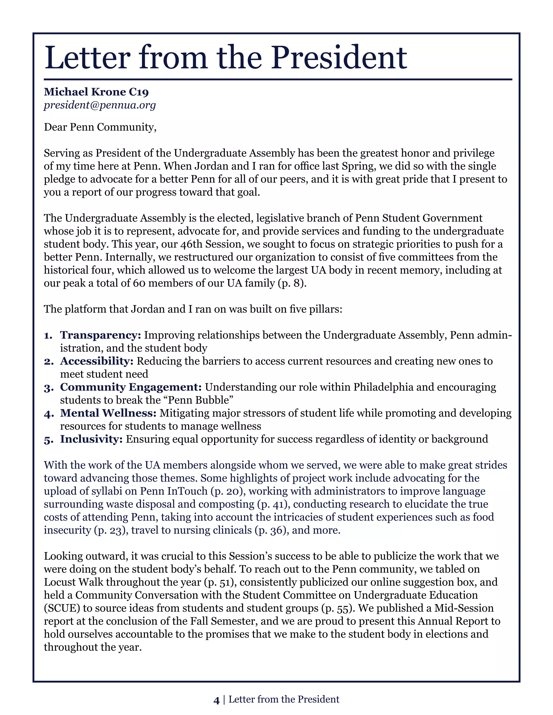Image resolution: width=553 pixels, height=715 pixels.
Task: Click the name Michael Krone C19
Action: click(x=96, y=92)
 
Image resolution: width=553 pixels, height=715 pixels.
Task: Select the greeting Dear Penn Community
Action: click(x=100, y=127)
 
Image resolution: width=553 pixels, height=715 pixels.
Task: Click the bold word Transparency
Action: click(x=100, y=335)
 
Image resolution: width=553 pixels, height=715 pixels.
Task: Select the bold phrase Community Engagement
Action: click(x=131, y=387)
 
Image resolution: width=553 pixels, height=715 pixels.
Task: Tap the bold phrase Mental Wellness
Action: click(x=108, y=413)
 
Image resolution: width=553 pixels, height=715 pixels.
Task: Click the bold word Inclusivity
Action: click(x=91, y=439)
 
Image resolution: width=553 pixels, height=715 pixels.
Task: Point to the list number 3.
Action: click(x=48, y=388)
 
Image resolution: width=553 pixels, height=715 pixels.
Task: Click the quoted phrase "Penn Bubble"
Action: click(x=201, y=400)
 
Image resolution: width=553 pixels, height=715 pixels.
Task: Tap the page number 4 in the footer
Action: click(x=216, y=700)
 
